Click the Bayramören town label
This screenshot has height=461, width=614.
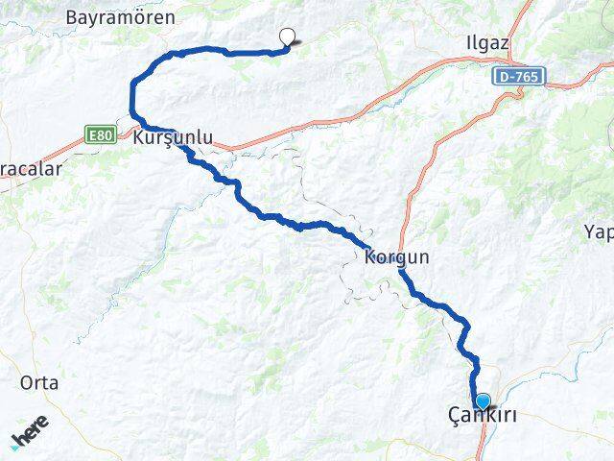(120, 17)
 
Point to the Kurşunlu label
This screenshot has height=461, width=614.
(174, 137)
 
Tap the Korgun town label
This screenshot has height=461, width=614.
(396, 257)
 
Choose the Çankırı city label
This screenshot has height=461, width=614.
(483, 416)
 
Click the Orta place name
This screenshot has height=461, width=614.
(39, 382)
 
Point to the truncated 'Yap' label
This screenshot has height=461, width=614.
(598, 230)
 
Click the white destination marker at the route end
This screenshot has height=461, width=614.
(286, 37)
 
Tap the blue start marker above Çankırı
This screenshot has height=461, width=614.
(483, 401)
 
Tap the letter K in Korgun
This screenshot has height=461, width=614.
(369, 257)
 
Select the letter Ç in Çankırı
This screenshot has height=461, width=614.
(454, 416)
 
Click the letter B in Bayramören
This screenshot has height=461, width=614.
(71, 17)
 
